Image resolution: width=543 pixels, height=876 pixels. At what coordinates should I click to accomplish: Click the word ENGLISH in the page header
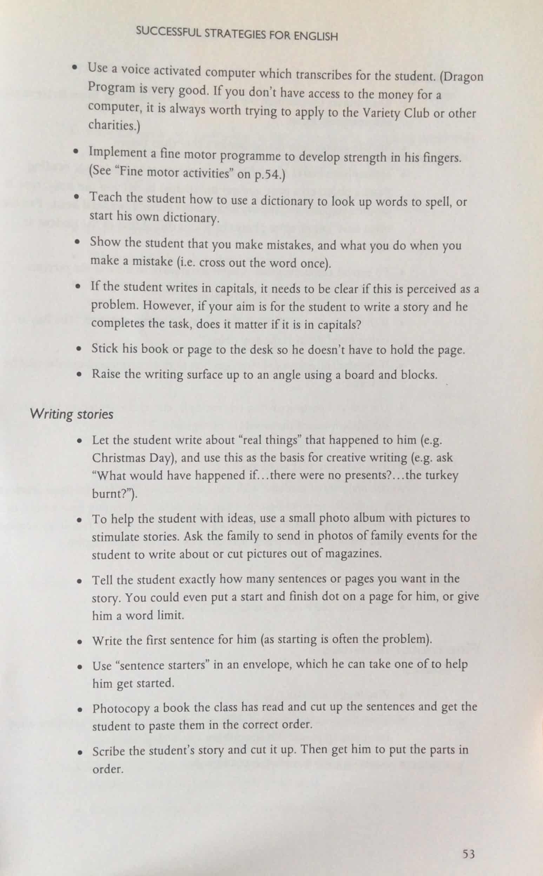click(x=316, y=36)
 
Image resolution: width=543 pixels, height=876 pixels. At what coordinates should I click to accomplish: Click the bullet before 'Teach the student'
click(x=77, y=198)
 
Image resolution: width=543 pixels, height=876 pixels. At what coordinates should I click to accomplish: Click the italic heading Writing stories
click(x=72, y=414)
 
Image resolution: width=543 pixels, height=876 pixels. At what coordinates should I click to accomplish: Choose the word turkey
click(x=441, y=475)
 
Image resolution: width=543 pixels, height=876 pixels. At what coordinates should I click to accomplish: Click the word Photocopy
click(x=121, y=708)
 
